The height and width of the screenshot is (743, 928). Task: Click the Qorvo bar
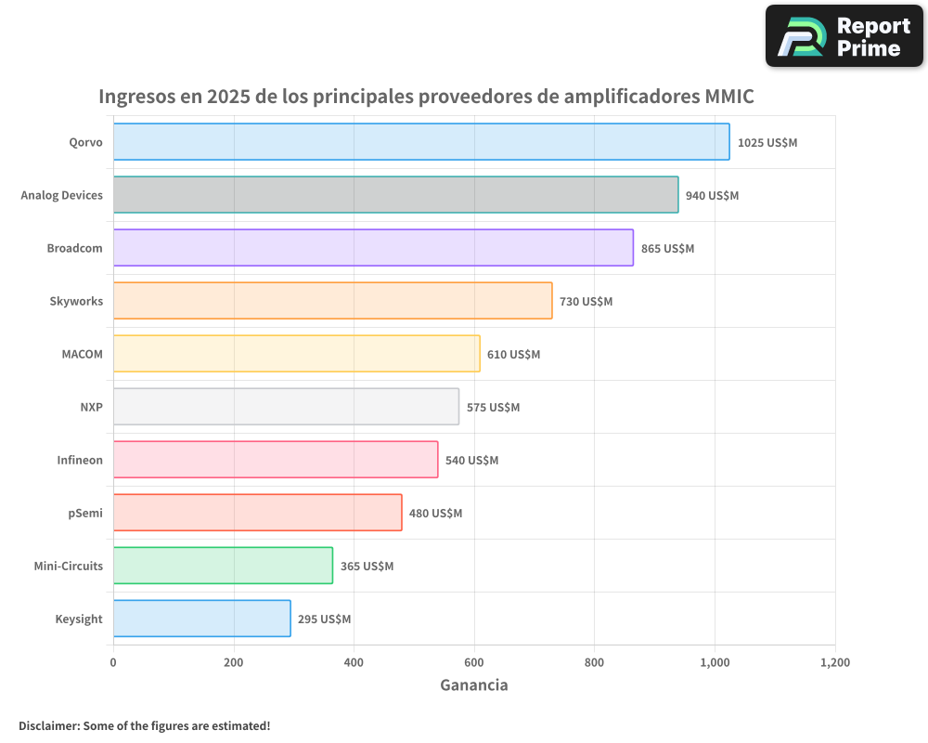421,142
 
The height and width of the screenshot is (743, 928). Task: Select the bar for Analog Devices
395,195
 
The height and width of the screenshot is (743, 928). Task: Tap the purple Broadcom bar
373,248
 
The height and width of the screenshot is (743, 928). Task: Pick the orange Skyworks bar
332,301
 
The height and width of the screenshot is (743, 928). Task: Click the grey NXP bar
286,407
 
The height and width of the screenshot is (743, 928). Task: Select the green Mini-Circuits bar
223,566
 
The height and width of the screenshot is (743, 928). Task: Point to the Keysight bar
201,619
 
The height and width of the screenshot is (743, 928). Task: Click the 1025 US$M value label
767,143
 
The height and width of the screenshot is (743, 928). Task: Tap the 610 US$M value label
513,355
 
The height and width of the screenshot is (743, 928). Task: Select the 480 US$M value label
435,514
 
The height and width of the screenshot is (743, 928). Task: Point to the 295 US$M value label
324,619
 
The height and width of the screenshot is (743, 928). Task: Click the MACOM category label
83,354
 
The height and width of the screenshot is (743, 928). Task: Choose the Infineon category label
80,460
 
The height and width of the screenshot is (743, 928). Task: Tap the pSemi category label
85,513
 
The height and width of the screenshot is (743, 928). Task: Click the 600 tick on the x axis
474,662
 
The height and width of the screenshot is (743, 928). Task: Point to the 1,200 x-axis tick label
835,662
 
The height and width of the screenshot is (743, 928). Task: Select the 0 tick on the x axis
113,662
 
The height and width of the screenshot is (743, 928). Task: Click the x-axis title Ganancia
473,685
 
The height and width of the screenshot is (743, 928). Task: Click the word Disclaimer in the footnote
48,725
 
